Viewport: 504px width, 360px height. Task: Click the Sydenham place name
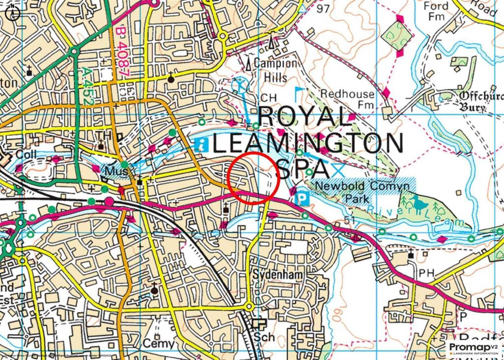coord(273,274)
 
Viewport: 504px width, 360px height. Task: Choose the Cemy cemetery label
coord(159,343)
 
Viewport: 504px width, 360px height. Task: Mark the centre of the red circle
coord(255,177)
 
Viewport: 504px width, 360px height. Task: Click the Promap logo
coord(472,348)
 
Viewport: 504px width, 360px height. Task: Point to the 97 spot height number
coord(322,9)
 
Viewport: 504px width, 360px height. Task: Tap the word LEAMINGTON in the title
coord(309,143)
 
